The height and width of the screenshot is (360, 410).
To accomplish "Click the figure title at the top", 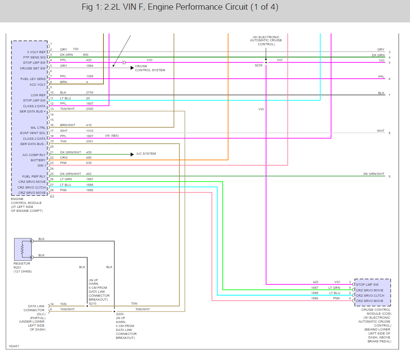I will [x=180, y=8].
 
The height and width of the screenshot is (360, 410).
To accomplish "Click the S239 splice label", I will [x=258, y=65].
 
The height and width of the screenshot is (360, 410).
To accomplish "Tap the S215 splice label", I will [x=92, y=303].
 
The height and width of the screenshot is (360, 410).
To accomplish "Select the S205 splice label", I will [x=120, y=314].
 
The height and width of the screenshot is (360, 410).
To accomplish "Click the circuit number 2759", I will [x=89, y=92].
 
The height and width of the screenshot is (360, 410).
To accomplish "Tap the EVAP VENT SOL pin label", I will [x=33, y=133].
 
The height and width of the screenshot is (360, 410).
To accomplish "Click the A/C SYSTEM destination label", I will [x=146, y=153].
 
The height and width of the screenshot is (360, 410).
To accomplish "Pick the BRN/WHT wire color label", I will [x=68, y=125].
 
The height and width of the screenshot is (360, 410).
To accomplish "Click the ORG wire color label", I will [x=63, y=158].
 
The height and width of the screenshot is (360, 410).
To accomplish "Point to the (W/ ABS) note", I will [x=112, y=136].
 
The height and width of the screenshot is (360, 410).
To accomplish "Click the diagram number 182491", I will [x=14, y=346].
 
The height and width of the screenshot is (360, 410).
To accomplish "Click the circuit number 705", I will [x=76, y=49].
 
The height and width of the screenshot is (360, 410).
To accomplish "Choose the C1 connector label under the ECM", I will [x=52, y=196].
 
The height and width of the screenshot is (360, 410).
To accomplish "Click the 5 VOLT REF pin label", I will [x=37, y=52].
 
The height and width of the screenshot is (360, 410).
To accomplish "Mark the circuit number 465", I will [x=89, y=174].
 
